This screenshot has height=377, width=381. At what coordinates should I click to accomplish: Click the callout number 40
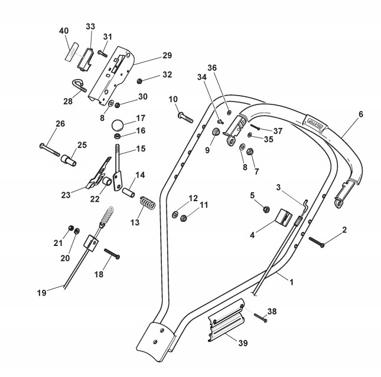(63, 30)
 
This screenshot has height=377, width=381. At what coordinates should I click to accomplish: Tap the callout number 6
(360, 113)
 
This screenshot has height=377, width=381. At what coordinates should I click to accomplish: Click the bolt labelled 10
(184, 117)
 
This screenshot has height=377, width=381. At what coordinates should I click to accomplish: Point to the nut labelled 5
(266, 209)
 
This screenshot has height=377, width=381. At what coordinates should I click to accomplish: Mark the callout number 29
(167, 55)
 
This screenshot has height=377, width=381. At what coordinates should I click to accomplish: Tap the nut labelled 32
(139, 80)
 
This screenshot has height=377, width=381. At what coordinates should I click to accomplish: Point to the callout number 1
(290, 283)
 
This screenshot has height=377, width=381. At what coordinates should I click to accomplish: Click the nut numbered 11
(184, 218)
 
